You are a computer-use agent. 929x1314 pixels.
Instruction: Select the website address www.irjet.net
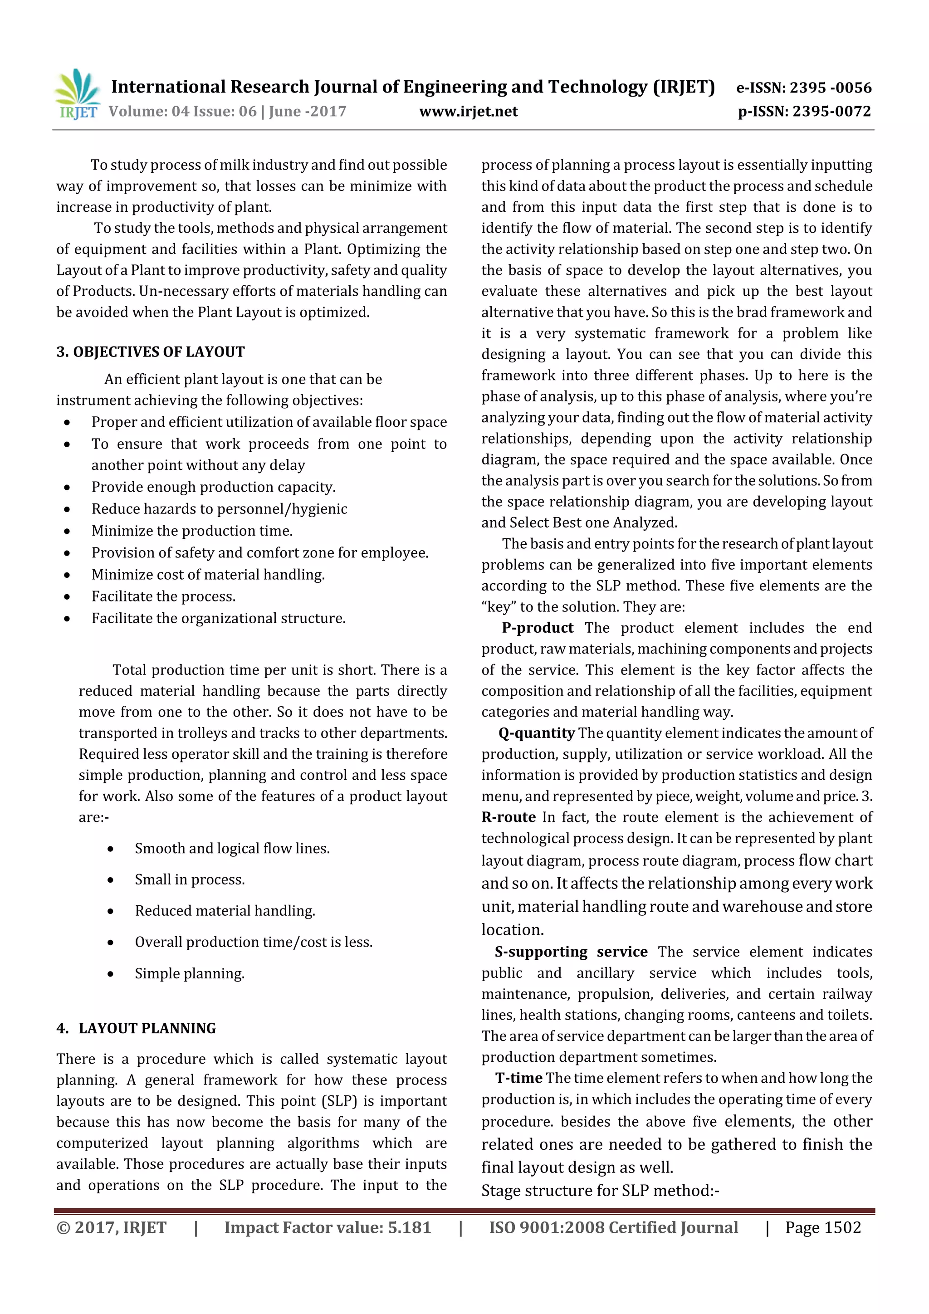click(468, 112)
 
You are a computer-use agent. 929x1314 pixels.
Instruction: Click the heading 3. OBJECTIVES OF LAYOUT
click(151, 352)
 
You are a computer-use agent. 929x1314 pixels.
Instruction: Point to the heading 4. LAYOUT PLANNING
click(136, 1028)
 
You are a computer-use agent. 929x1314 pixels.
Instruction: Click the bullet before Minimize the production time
click(68, 532)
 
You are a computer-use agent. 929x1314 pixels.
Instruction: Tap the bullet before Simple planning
click(111, 974)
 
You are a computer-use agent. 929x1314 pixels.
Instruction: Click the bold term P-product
click(538, 628)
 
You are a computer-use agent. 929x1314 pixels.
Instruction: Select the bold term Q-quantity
click(536, 733)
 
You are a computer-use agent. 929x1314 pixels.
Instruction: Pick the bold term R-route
click(509, 817)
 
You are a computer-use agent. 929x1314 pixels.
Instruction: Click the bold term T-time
click(518, 1078)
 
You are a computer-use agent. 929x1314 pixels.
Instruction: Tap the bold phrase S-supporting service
click(571, 952)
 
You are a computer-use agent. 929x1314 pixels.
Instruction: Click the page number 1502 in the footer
click(842, 1227)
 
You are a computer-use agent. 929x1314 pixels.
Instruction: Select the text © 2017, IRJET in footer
click(112, 1227)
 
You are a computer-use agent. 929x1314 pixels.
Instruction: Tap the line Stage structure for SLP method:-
click(599, 1190)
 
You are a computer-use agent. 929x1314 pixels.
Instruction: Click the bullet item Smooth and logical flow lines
click(232, 848)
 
